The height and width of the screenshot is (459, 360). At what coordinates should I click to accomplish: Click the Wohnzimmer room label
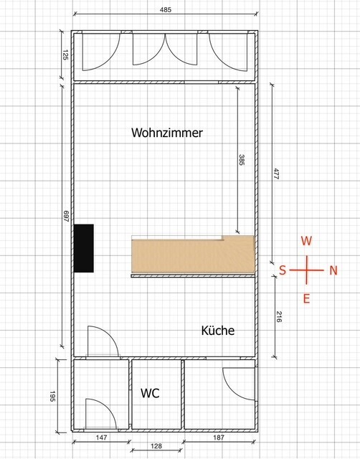pos(167,133)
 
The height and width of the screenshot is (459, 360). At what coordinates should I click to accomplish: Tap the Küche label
pos(218,330)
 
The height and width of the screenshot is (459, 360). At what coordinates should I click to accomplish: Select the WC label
pos(150,393)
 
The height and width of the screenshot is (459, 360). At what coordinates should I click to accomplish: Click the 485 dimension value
pos(166,9)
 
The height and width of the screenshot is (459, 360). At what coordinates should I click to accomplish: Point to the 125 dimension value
pos(65,55)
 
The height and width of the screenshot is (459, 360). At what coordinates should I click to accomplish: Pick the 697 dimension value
pos(66,216)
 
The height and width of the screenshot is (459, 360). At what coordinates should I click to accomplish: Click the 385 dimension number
pos(241,160)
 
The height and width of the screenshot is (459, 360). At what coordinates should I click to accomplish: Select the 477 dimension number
pos(276,174)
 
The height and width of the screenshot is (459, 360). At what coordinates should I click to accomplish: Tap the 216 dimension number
pos(279,317)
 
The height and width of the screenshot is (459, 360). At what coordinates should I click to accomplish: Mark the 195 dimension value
pos(52,396)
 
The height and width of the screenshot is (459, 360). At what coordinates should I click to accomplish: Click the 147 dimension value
pos(101,437)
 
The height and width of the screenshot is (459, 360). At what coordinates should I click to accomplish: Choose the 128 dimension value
pos(156,446)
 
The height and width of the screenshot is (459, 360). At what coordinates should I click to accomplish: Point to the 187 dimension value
pos(218,437)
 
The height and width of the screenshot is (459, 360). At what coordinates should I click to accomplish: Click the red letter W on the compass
pos(306,241)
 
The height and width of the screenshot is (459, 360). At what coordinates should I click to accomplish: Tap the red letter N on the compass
pos(333,270)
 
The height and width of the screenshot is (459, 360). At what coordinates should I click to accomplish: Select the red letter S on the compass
pos(283,270)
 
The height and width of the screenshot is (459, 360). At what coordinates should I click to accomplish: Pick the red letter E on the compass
pos(306,299)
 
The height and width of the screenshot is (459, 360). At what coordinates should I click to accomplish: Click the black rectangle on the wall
pos(84,248)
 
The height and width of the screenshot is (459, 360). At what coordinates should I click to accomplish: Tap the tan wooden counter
pos(193,255)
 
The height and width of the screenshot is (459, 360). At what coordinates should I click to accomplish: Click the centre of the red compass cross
pos(307,270)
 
